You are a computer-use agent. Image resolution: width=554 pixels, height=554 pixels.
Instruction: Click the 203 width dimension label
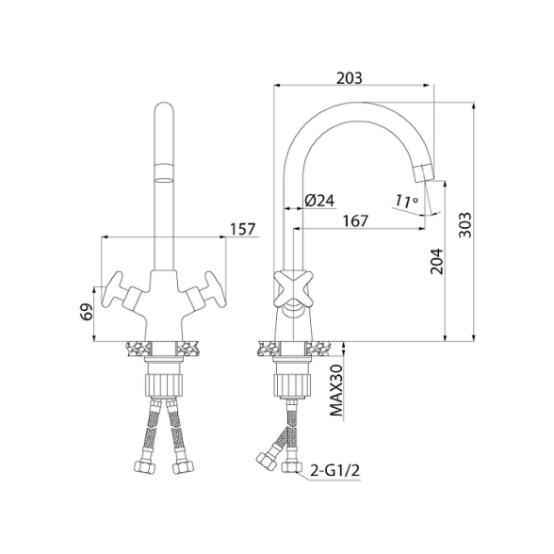(349, 77)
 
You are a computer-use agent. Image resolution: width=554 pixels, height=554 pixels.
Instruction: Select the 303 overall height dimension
(465, 225)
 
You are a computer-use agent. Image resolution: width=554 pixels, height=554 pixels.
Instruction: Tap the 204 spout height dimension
(436, 261)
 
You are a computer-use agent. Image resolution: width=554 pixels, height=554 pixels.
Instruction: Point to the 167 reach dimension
(355, 220)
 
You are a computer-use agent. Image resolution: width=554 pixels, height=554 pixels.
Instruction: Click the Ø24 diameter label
(319, 201)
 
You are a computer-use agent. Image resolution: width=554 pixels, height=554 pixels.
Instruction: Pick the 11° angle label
(406, 201)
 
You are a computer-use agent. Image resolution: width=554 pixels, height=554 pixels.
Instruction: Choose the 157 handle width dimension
(242, 229)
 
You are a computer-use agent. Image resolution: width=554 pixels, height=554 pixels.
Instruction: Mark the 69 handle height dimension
(87, 311)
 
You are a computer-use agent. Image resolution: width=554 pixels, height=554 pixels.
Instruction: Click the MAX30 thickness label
(336, 390)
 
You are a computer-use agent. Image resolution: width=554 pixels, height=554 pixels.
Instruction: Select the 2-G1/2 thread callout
(335, 470)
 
